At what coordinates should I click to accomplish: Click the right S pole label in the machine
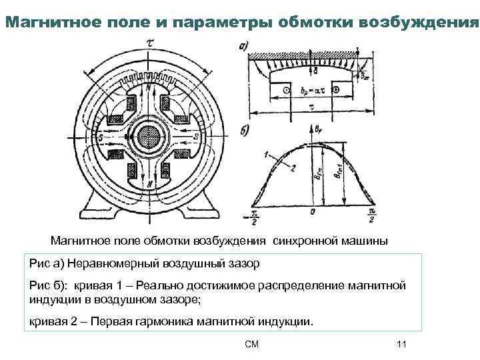click(198, 137)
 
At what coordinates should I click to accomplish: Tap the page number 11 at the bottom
click(401, 344)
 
